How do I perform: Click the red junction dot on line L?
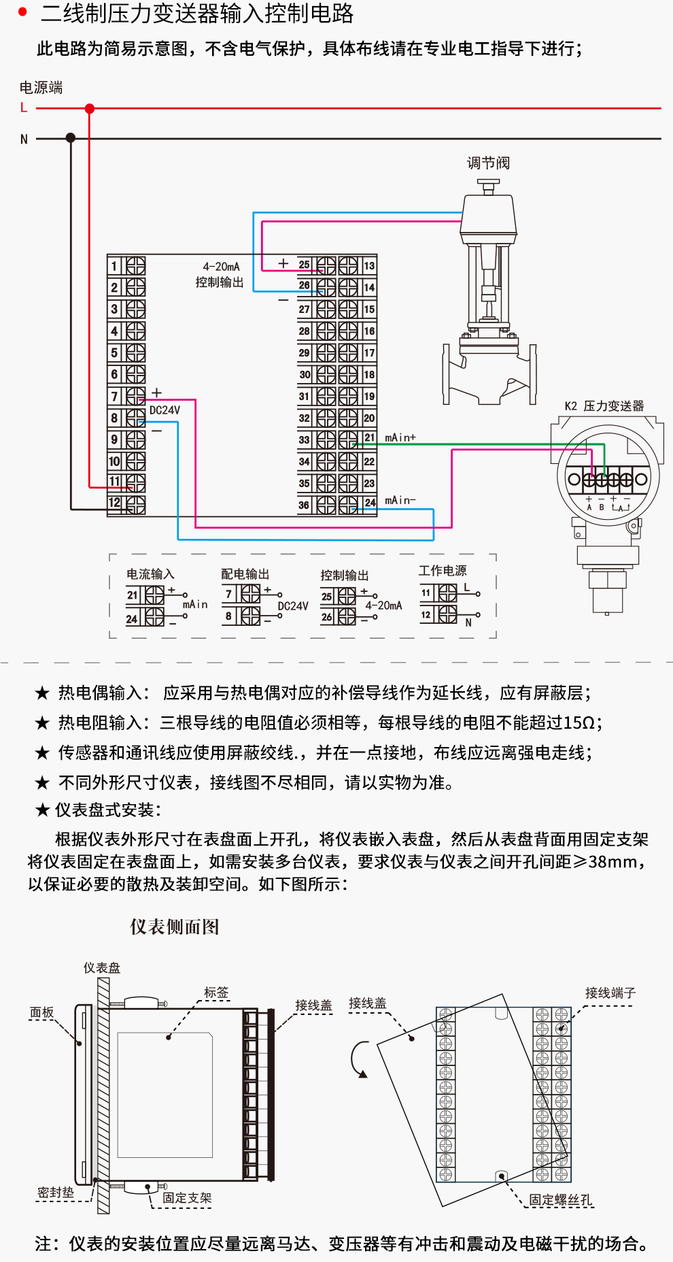coord(89,108)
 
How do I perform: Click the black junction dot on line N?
coord(71,138)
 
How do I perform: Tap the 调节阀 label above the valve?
coord(488,163)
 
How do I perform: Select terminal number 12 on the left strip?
coord(114,503)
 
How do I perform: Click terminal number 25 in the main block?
coord(304,265)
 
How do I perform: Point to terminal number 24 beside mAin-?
coord(369,503)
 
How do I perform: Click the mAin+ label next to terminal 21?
coord(400,437)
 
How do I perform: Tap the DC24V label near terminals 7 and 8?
coord(165,410)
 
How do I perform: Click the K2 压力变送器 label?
coord(604,406)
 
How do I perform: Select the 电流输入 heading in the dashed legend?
coord(150,574)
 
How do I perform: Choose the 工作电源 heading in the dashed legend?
coord(443,571)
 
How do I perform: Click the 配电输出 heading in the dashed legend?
coord(245,574)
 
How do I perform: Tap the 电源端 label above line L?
coord(41,87)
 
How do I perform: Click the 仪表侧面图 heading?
coord(175,927)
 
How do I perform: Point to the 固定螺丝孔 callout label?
coord(560,1200)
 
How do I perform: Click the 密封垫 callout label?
coord(56,1193)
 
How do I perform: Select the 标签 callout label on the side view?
coord(216,993)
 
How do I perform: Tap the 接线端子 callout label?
coord(610,993)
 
